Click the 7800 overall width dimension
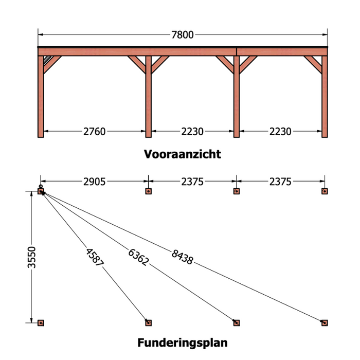(x=182, y=35)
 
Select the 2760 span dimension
(x=94, y=132)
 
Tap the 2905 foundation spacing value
(x=94, y=181)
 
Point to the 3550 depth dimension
(x=32, y=256)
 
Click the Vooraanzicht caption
(x=183, y=154)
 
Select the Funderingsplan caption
(x=183, y=342)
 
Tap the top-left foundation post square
(x=41, y=192)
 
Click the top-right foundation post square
(x=325, y=191)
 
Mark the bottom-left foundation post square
(x=41, y=323)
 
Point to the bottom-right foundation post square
(x=325, y=323)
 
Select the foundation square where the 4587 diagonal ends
(x=148, y=323)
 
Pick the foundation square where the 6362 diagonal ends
(x=237, y=323)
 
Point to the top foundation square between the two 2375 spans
(x=237, y=191)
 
